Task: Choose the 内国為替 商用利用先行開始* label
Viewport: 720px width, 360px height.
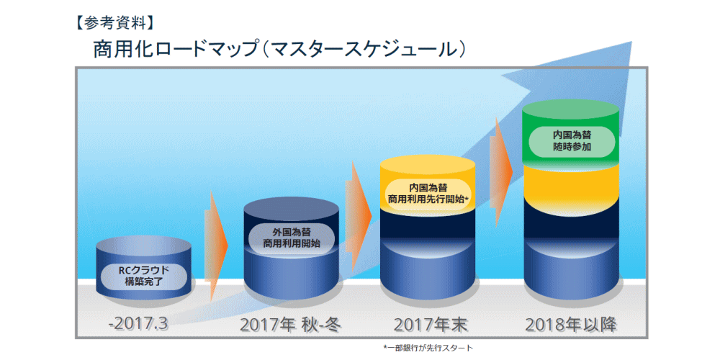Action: pyautogui.click(x=427, y=194)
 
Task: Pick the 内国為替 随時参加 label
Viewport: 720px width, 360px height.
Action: pyautogui.click(x=571, y=141)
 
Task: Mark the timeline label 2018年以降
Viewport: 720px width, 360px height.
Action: pyautogui.click(x=572, y=325)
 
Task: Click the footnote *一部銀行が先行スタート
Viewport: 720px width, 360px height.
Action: pyautogui.click(x=428, y=348)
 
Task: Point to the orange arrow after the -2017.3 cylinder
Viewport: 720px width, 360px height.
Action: pyautogui.click(x=216, y=245)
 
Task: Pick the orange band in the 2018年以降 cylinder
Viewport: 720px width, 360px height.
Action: pyautogui.click(x=572, y=182)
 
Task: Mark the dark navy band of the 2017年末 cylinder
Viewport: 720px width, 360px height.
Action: pyautogui.click(x=428, y=225)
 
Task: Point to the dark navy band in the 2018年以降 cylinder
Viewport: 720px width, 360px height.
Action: pyautogui.click(x=572, y=220)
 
